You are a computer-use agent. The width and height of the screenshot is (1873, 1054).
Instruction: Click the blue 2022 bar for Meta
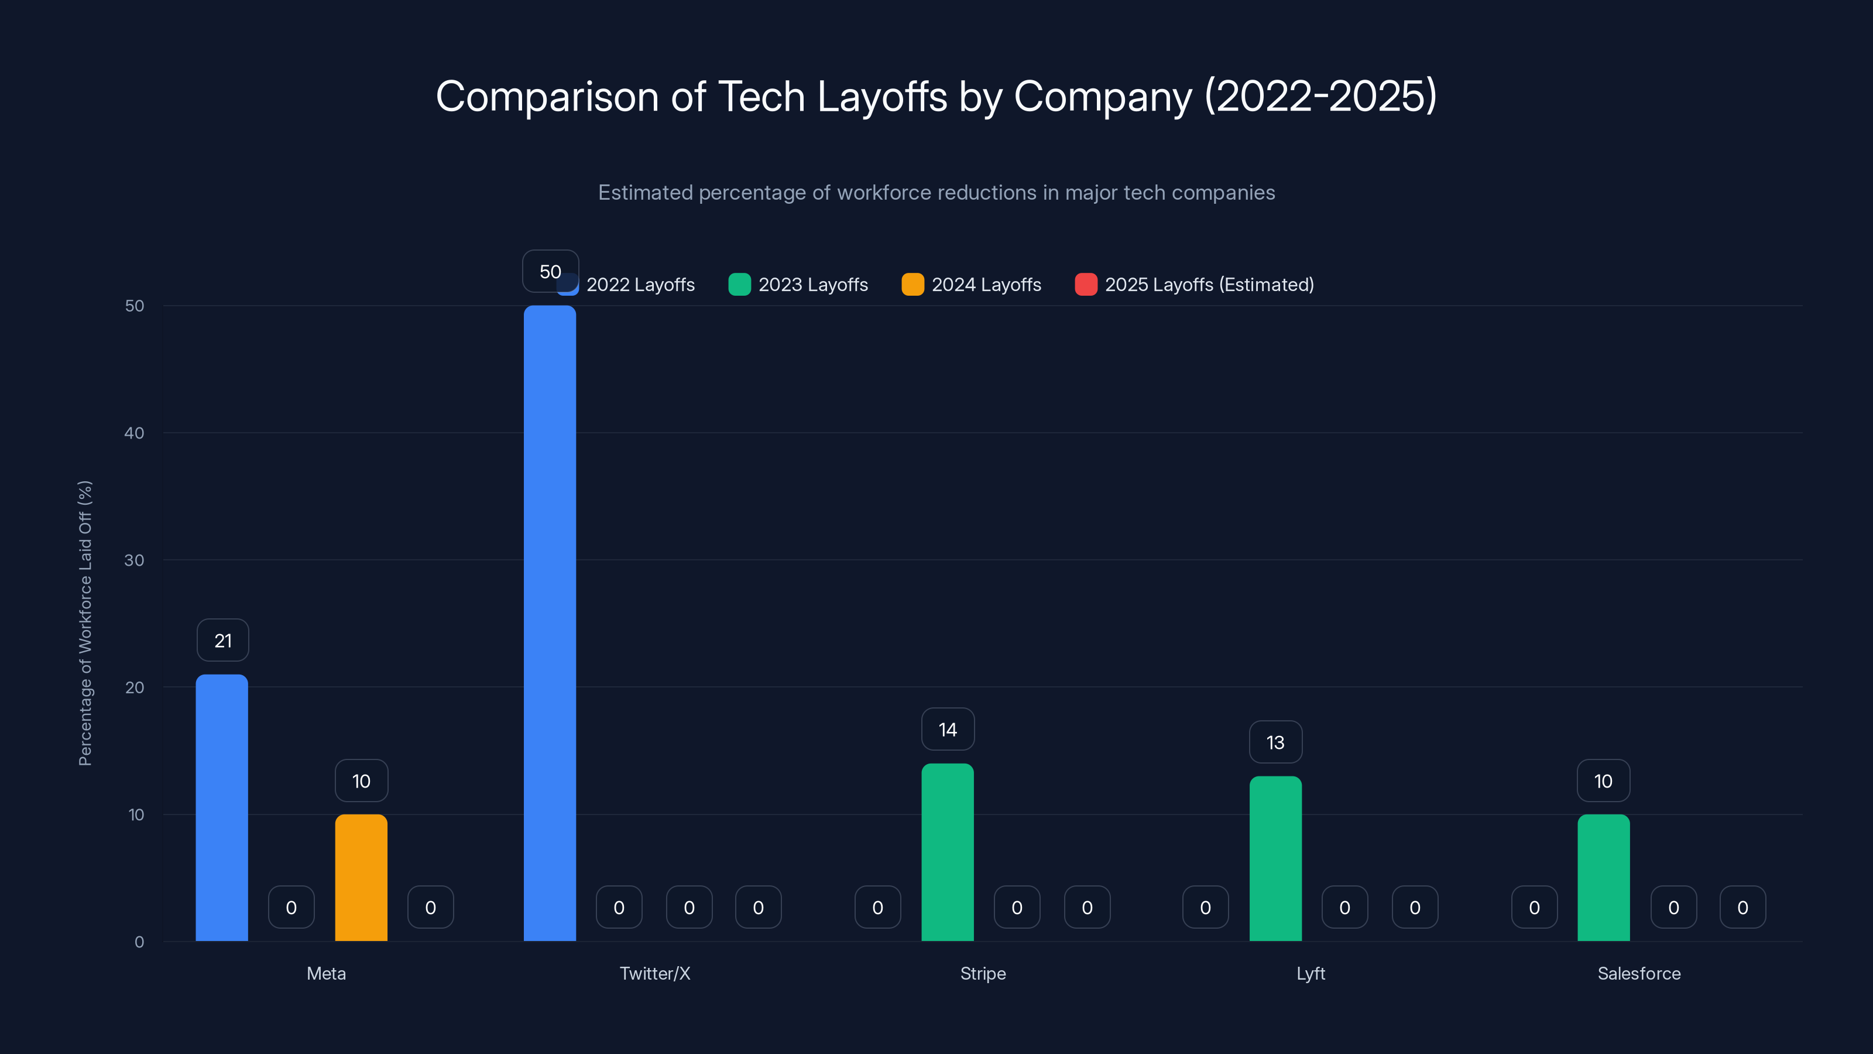222,807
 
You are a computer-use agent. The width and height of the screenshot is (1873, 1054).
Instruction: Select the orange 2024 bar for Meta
361,877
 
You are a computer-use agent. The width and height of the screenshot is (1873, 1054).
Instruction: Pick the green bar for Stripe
948,852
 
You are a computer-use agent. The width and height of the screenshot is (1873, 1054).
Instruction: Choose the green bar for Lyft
1275,858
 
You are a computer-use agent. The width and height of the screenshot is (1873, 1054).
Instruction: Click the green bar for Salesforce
1603,877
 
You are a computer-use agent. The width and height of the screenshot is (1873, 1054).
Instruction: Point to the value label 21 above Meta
222,640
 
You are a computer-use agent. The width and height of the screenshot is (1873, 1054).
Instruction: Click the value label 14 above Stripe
948,729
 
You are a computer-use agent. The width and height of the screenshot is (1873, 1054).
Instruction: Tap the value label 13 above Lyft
1275,742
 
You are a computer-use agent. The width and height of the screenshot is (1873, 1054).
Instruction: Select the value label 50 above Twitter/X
550,271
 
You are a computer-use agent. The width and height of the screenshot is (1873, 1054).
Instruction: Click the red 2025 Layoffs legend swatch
1086,285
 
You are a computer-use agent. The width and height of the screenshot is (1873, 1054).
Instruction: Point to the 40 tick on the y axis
135,433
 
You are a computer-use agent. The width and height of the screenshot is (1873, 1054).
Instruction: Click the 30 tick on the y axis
135,560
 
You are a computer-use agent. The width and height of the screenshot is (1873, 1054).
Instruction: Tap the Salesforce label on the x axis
1639,973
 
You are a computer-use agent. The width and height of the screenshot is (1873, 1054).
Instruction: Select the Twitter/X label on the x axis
654,973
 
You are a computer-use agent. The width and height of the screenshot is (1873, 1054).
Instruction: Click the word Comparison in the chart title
547,96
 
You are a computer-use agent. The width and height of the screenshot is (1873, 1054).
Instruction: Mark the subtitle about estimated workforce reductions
936,192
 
